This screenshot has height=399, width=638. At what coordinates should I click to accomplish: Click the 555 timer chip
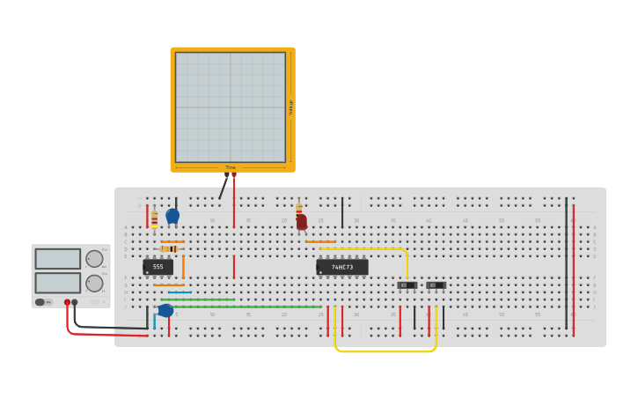(x=158, y=266)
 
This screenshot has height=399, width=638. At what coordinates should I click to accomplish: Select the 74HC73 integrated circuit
(x=342, y=267)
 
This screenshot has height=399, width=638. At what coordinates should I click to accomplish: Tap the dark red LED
(x=301, y=223)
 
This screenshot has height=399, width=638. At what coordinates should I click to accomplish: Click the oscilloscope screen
(x=231, y=107)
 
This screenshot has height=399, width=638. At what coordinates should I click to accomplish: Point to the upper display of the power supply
(x=57, y=259)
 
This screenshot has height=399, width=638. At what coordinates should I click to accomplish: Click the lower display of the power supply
(x=57, y=283)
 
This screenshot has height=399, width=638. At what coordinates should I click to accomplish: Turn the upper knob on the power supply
(x=94, y=259)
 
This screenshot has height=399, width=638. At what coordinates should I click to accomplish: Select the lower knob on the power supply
(x=94, y=283)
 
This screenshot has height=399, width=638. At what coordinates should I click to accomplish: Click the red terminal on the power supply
(x=67, y=302)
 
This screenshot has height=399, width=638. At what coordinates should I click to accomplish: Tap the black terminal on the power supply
(x=75, y=302)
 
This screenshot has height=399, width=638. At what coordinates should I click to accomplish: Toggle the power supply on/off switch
(x=41, y=302)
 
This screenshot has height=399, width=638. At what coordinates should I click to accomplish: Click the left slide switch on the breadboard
(x=407, y=285)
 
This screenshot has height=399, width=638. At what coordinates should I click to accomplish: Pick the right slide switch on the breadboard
(x=436, y=285)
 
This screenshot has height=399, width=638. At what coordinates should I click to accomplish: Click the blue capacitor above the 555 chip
(x=172, y=216)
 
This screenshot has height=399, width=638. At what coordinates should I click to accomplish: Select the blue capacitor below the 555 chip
(x=165, y=310)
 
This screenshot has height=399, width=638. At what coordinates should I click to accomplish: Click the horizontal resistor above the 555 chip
(x=169, y=248)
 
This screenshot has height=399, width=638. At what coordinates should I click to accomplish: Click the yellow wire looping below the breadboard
(x=385, y=351)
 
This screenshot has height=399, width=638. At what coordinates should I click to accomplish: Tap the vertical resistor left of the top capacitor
(x=154, y=218)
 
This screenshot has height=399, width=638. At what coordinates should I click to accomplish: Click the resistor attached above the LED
(x=298, y=209)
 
